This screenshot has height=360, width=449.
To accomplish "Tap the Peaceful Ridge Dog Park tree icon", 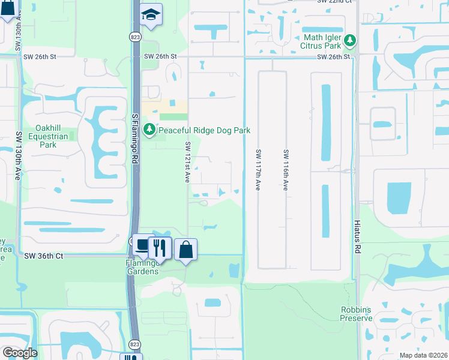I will [149, 130].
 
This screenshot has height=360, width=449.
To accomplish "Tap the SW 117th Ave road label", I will [258, 170].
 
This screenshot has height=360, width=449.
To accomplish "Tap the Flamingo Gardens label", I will [142, 267].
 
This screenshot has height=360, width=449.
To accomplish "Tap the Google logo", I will [20, 353].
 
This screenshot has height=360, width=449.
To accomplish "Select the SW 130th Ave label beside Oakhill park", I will [19, 148].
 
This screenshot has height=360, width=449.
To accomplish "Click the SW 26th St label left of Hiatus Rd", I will [333, 57].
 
